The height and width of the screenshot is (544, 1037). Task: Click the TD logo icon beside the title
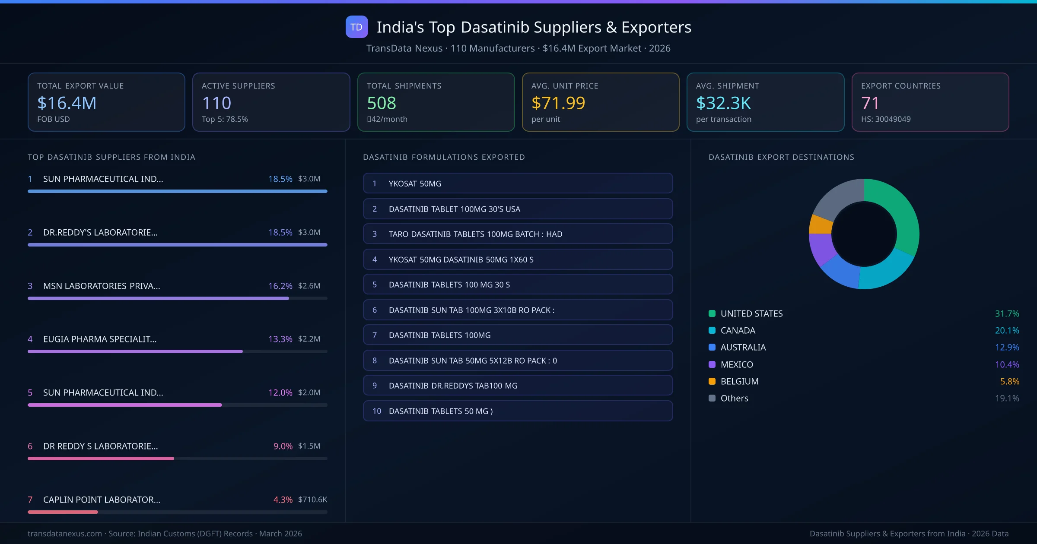[356, 27]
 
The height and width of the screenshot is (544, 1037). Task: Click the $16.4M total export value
[67, 103]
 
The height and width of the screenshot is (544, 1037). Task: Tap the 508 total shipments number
[381, 103]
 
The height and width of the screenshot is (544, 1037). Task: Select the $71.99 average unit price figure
[558, 103]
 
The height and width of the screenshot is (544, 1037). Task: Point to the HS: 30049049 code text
[885, 119]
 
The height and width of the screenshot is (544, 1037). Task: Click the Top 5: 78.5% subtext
[225, 119]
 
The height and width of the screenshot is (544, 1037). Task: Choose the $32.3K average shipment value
[723, 103]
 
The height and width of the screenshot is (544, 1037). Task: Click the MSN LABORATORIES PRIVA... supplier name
[102, 286]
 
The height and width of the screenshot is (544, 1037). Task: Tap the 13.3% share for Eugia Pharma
[280, 339]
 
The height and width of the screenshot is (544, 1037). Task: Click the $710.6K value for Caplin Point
[312, 500]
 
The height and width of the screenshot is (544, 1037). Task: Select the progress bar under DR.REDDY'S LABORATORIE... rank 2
[177, 245]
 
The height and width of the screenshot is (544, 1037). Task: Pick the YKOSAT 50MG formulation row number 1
[518, 183]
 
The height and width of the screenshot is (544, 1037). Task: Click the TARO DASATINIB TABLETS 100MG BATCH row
[518, 234]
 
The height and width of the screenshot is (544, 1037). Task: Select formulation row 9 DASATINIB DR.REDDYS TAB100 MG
[518, 386]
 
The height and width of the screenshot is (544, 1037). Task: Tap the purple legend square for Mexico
[712, 364]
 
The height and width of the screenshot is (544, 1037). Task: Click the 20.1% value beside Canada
[1007, 330]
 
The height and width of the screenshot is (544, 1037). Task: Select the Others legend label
[734, 398]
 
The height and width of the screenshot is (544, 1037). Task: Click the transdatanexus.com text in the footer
[65, 534]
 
